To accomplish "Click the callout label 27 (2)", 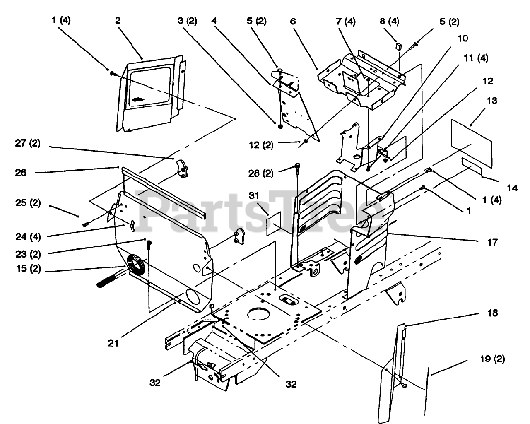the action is pos(28,143).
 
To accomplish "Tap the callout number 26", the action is pos(20,173).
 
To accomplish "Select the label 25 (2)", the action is pos(28,203).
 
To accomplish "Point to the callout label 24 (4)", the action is pos(28,237).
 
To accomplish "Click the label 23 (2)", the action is pos(28,254).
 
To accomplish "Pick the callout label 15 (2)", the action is pos(29,269).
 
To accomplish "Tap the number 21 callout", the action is pos(113,343).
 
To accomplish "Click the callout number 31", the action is pos(254,195).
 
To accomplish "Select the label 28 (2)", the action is pos(261,173).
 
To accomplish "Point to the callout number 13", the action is pos(492,101).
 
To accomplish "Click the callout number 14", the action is pos(512,188).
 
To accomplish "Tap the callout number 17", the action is pos(493,243).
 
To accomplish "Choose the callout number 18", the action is pos(493,313).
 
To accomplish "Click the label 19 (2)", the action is pos(493,359).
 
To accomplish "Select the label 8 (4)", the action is pos(389,21).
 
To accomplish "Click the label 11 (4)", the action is pos(476,58).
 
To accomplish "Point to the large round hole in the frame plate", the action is pos(259,313).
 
